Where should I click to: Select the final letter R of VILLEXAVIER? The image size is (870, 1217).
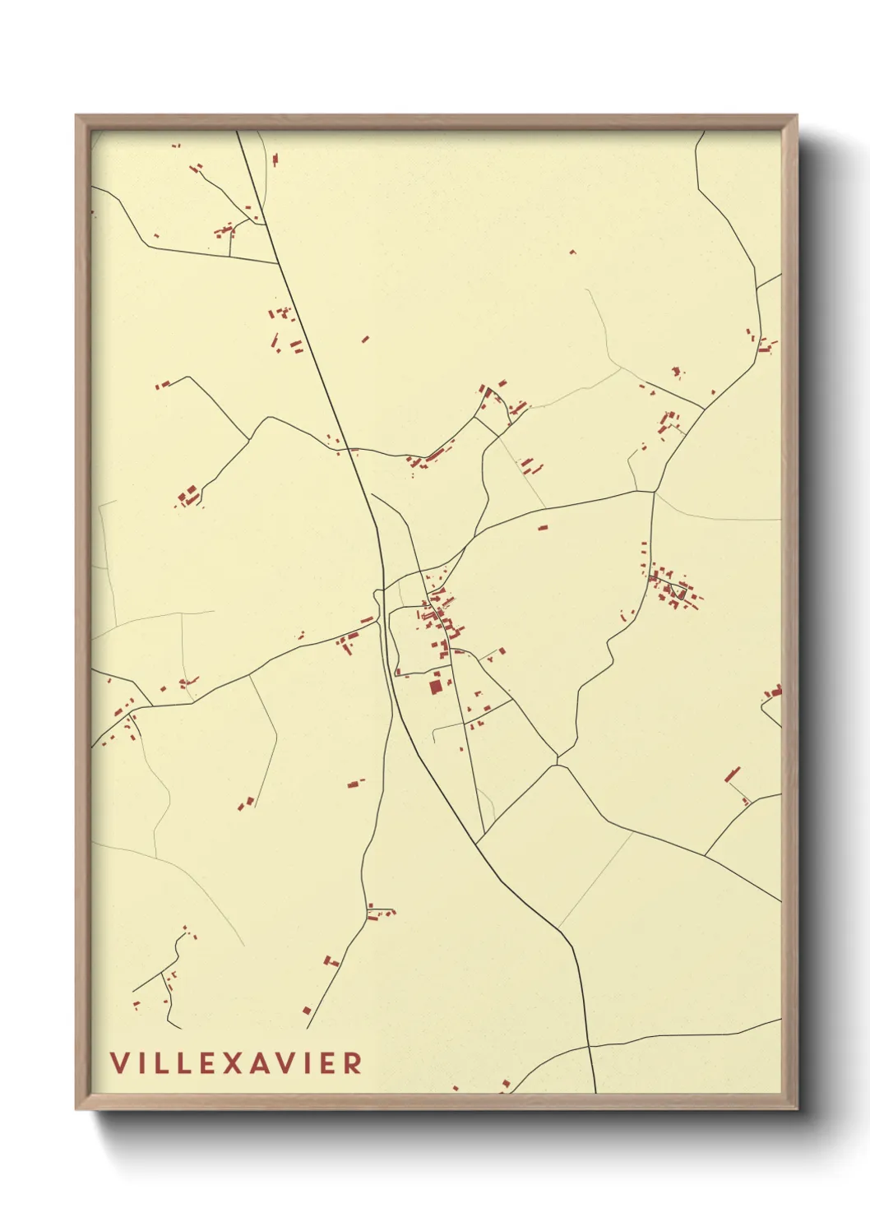pyautogui.click(x=353, y=1062)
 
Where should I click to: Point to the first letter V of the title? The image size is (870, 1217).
pyautogui.click(x=119, y=1062)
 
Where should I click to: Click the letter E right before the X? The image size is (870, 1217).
pyautogui.click(x=209, y=1062)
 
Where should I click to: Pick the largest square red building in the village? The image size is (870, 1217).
pyautogui.click(x=436, y=686)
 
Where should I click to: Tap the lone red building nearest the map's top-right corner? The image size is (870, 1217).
pyautogui.click(x=573, y=252)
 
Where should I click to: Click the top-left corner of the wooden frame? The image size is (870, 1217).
pyautogui.click(x=76, y=116)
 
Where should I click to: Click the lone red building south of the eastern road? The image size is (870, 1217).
pyautogui.click(x=543, y=527)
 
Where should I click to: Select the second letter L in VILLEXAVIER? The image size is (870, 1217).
pyautogui.click(x=186, y=1062)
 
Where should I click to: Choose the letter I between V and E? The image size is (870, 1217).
pyautogui.click(x=307, y=1062)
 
